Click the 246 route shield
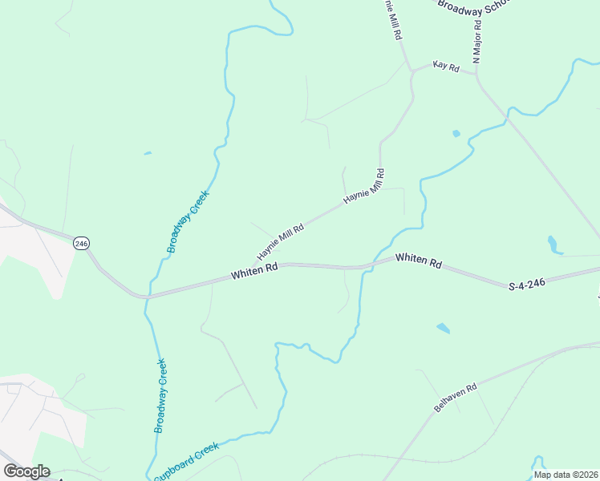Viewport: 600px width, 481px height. pos(80,242)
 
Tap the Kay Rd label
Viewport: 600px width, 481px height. pos(445,67)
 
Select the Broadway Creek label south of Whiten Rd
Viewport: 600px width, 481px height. pos(161,396)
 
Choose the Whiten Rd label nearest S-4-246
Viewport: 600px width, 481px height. pos(419,261)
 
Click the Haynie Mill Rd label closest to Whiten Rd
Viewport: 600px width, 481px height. pos(280,241)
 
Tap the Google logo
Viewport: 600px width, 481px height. pos(26,471)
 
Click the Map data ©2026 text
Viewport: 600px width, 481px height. pos(566,475)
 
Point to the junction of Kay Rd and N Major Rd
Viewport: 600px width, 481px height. pos(476,74)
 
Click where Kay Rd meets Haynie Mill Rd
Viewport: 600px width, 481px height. pos(411,71)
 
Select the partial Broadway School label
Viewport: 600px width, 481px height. pos(473,5)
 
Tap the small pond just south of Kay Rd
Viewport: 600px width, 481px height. pos(456,133)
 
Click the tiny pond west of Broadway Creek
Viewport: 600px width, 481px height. pos(148,152)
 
